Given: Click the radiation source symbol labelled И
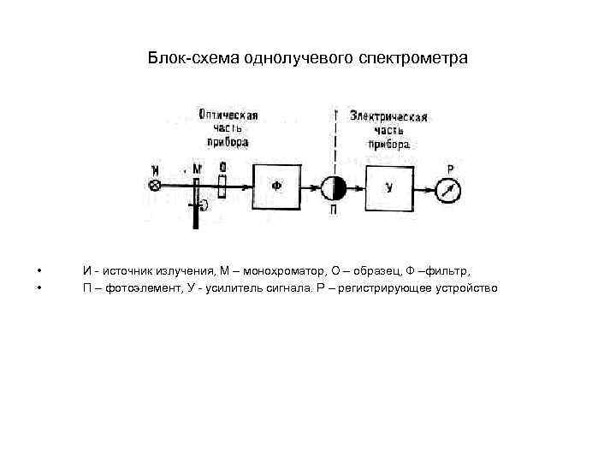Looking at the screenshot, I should (155, 186).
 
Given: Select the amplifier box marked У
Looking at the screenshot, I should (389, 187).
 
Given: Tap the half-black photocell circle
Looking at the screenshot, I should (332, 187).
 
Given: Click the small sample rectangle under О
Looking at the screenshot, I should (222, 186).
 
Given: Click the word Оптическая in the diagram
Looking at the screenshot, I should (228, 114).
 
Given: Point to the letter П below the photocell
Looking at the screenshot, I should (332, 210).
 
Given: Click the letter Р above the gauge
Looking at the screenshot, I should (450, 169).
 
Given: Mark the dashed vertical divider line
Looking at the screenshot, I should (335, 141).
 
